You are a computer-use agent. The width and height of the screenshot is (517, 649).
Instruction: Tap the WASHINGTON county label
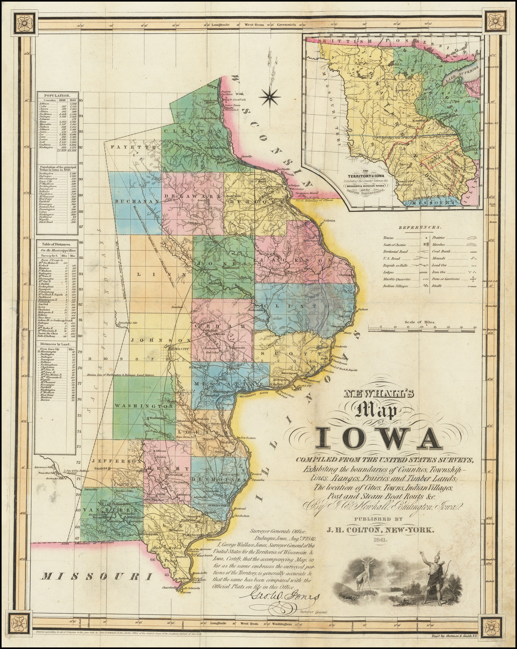(x=138, y=406)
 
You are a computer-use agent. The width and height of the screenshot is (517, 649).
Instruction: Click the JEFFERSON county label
(x=116, y=461)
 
